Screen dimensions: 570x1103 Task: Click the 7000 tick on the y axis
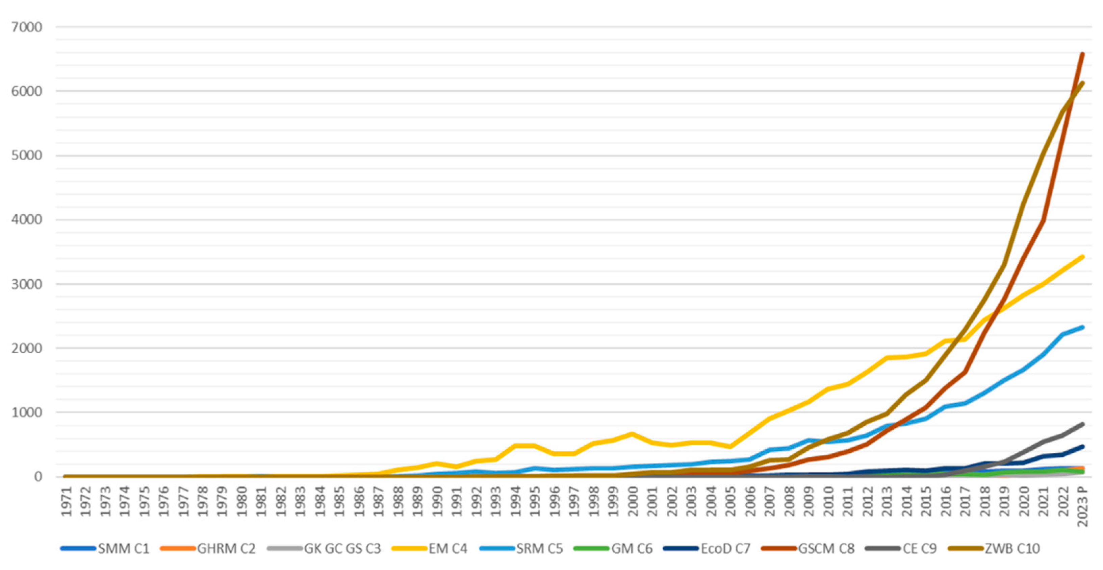pyautogui.click(x=27, y=27)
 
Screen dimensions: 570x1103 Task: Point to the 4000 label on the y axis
pyautogui.click(x=27, y=220)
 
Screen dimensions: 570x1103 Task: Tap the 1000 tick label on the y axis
pyautogui.click(x=27, y=412)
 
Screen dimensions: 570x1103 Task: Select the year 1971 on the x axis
pyautogui.click(x=67, y=501)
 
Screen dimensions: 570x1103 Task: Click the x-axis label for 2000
pyautogui.click(x=633, y=501)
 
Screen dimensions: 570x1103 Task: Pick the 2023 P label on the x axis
pyautogui.click(x=1082, y=506)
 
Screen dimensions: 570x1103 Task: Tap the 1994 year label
pyautogui.click(x=515, y=501)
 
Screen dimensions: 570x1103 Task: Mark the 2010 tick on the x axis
pyautogui.click(x=828, y=501)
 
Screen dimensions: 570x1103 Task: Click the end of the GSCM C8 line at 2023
pyautogui.click(x=1082, y=54)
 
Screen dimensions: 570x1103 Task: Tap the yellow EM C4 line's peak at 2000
pyautogui.click(x=633, y=434)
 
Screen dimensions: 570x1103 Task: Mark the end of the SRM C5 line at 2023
pyautogui.click(x=1082, y=327)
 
